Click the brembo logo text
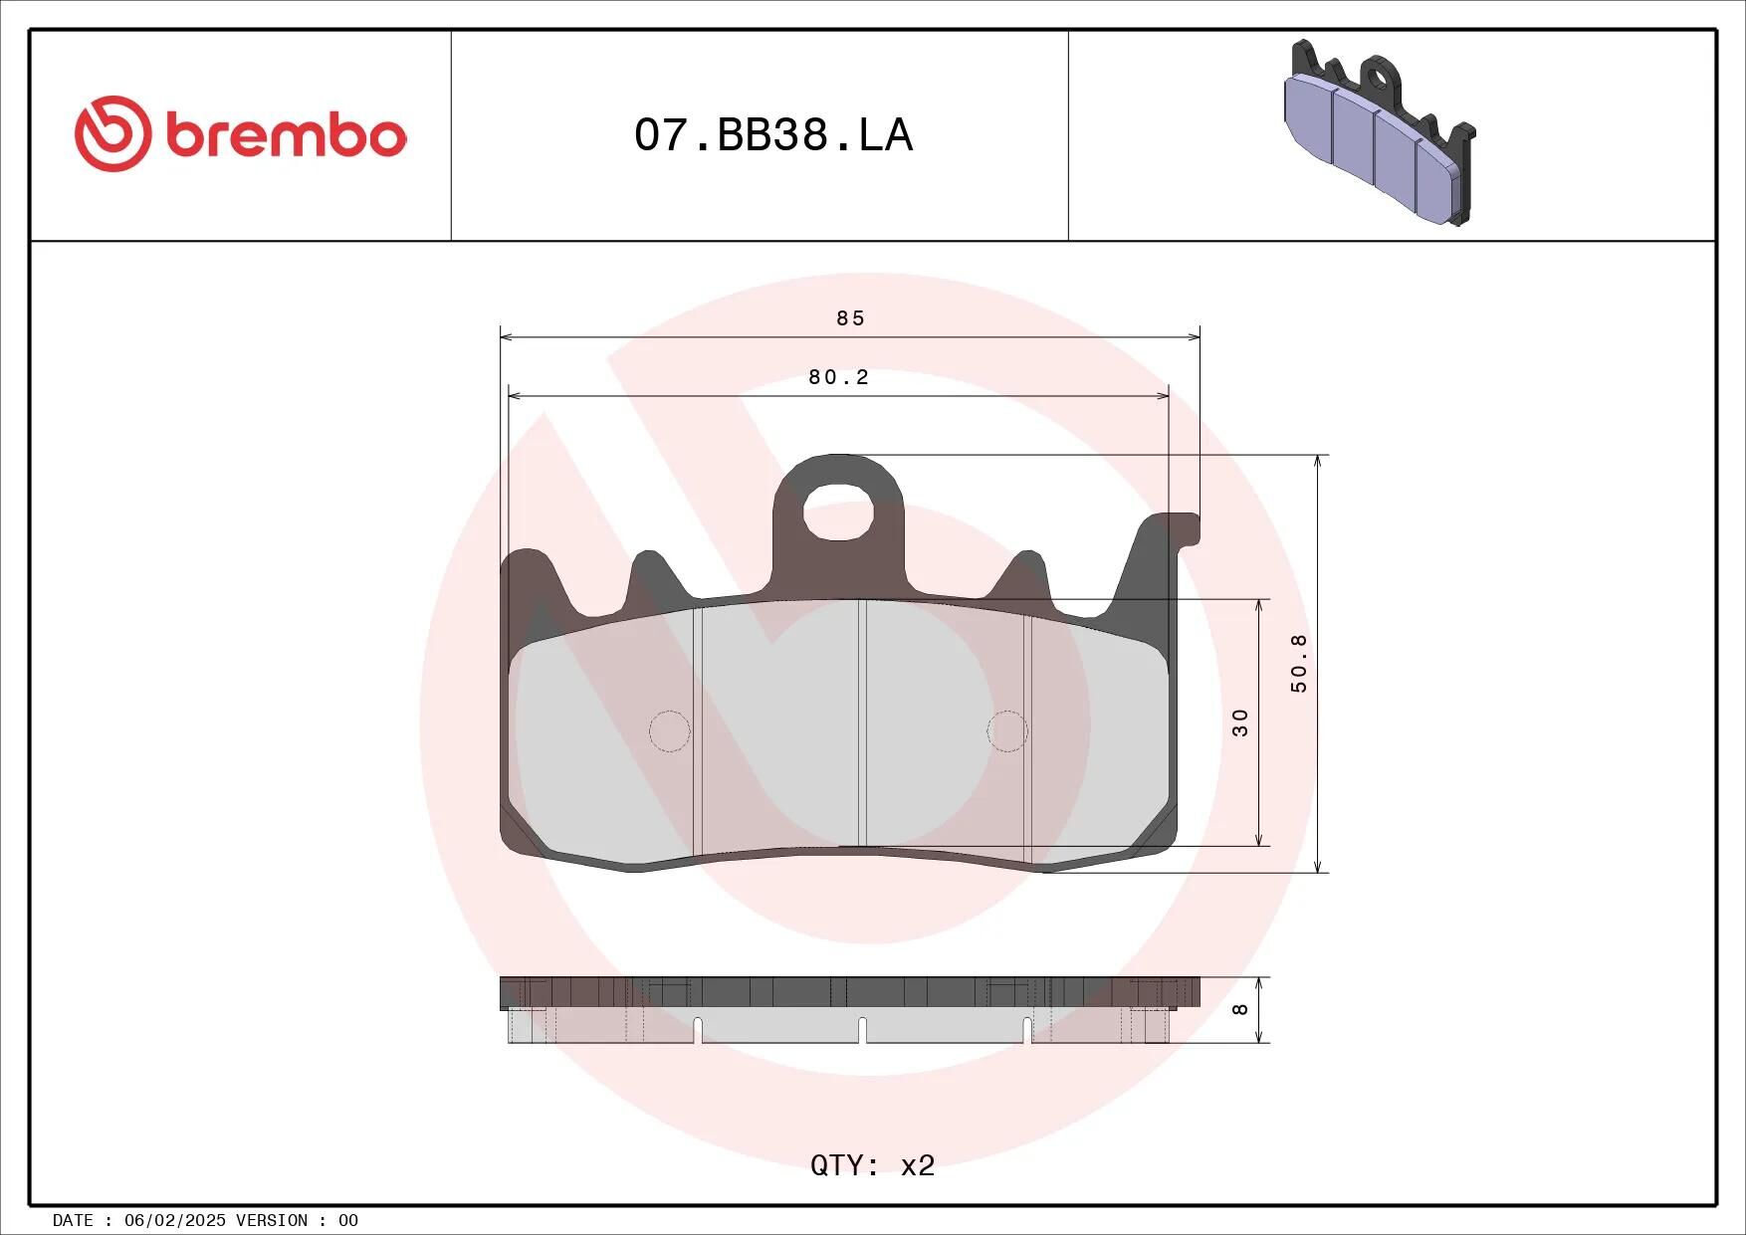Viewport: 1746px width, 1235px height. click(286, 136)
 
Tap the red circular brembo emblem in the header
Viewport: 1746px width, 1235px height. click(111, 134)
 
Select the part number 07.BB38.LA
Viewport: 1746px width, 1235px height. click(773, 135)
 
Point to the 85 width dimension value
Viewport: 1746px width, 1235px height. click(850, 318)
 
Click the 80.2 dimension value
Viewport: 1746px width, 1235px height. click(838, 377)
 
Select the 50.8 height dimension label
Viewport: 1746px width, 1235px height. click(1299, 664)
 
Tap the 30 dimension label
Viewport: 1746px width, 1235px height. click(1240, 722)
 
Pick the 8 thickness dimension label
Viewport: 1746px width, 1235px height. click(1240, 1009)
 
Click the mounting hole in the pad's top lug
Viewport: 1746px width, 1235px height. click(838, 514)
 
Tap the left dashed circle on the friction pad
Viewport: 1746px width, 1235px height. click(670, 731)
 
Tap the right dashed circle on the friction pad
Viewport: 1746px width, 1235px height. click(1007, 731)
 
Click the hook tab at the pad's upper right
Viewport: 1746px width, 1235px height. click(1180, 527)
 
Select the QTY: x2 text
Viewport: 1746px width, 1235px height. click(872, 1165)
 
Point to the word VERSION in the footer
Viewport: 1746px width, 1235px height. click(272, 1220)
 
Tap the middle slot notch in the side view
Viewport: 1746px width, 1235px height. click(862, 1030)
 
